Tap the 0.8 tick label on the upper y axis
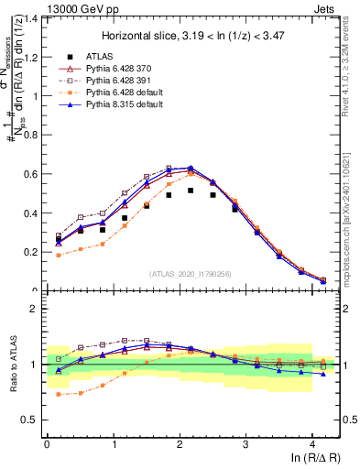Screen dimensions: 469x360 pyautogui.click(x=31, y=135)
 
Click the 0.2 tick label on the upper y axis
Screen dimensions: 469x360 pyautogui.click(x=31, y=252)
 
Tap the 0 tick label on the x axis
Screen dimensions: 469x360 pyautogui.click(x=47, y=443)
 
